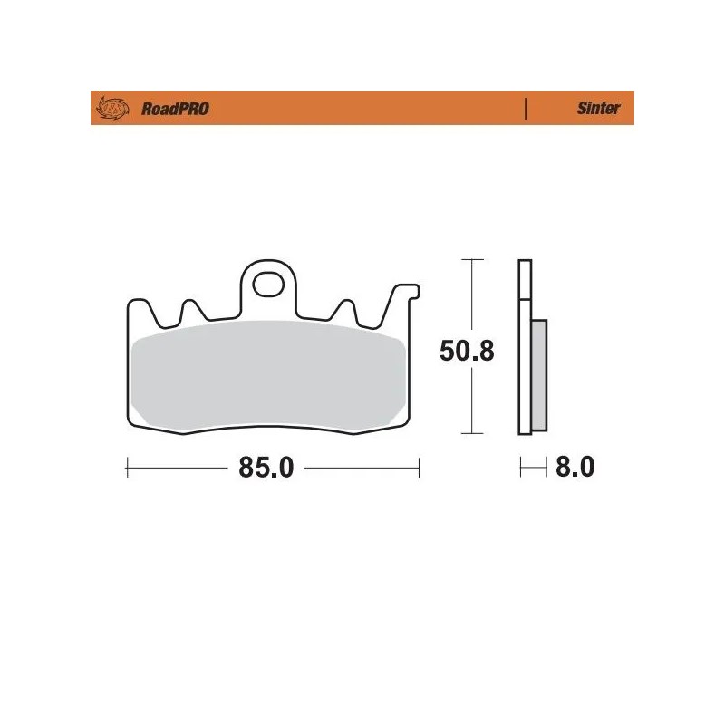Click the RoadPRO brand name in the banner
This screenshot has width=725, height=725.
click(x=175, y=109)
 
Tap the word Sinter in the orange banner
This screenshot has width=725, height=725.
click(x=598, y=109)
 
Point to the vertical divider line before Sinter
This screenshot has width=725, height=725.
click(x=526, y=109)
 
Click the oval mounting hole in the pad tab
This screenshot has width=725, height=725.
click(x=268, y=285)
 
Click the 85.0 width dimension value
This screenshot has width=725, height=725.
click(x=267, y=469)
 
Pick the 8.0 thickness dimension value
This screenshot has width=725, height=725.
click(x=574, y=469)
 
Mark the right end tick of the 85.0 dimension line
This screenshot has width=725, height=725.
click(x=419, y=469)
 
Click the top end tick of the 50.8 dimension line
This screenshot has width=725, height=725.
click(x=467, y=260)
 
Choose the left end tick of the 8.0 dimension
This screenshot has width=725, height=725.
click(x=520, y=469)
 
